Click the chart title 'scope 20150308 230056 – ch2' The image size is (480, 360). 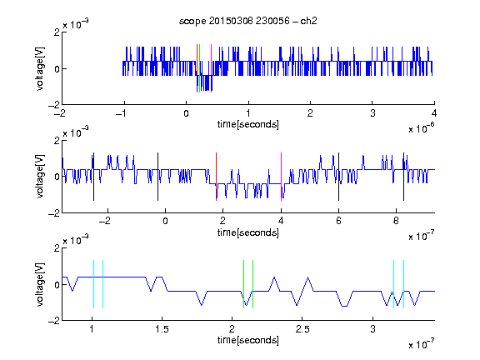tap(248, 21)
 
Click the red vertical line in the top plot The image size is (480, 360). tap(197, 68)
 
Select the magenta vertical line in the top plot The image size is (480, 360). tap(211, 68)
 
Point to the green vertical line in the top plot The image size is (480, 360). tap(200, 68)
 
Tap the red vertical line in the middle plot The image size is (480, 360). tap(216, 177)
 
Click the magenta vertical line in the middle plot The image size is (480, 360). tap(281, 177)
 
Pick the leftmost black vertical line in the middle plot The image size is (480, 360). tap(93, 177)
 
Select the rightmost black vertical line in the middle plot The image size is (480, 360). tap(403, 177)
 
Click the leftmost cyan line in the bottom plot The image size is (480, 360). tap(93, 284)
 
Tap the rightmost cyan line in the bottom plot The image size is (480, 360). tap(404, 284)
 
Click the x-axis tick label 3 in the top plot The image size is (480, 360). tap(372, 113)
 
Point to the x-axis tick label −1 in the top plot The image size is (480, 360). tap(121, 113)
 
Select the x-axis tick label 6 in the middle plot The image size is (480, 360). tap(338, 221)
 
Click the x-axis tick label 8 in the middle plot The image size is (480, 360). tap(396, 221)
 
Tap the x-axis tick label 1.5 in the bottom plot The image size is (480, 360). tap(162, 329)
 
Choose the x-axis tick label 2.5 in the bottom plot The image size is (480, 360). tap(302, 329)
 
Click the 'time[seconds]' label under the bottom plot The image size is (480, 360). tap(248, 340)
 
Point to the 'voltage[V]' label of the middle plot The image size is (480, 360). tap(40, 177)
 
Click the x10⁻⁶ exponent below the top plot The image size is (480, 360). tap(422, 129)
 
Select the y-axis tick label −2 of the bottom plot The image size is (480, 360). tap(54, 321)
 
